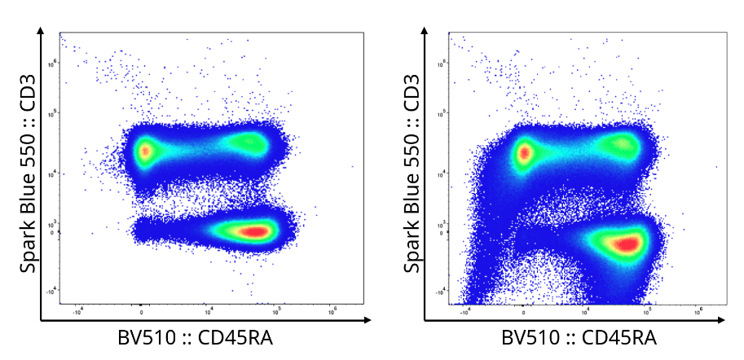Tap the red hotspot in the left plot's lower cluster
click(x=256, y=231)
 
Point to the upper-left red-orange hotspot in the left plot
click(x=144, y=151)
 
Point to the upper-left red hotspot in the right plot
click(x=524, y=151)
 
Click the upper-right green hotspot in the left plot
click(x=247, y=143)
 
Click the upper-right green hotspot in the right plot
click(x=623, y=145)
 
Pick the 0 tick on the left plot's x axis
click(x=141, y=310)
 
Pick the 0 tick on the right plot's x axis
click(x=525, y=310)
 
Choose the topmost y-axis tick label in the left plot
click(x=51, y=61)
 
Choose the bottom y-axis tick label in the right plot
click(x=437, y=291)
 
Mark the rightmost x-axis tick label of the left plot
click(x=332, y=310)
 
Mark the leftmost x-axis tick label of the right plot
click(x=464, y=310)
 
